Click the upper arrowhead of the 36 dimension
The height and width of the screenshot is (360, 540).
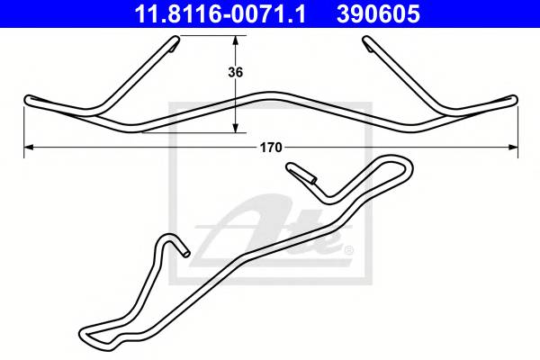[x=236, y=40]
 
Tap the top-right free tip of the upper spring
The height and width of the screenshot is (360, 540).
[x=367, y=40]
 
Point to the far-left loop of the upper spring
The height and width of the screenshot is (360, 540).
[x=30, y=99]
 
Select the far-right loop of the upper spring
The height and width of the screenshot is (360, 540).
[x=512, y=99]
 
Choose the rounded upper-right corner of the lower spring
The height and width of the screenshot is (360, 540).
[x=407, y=166]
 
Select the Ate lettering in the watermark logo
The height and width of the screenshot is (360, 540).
[x=270, y=236]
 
